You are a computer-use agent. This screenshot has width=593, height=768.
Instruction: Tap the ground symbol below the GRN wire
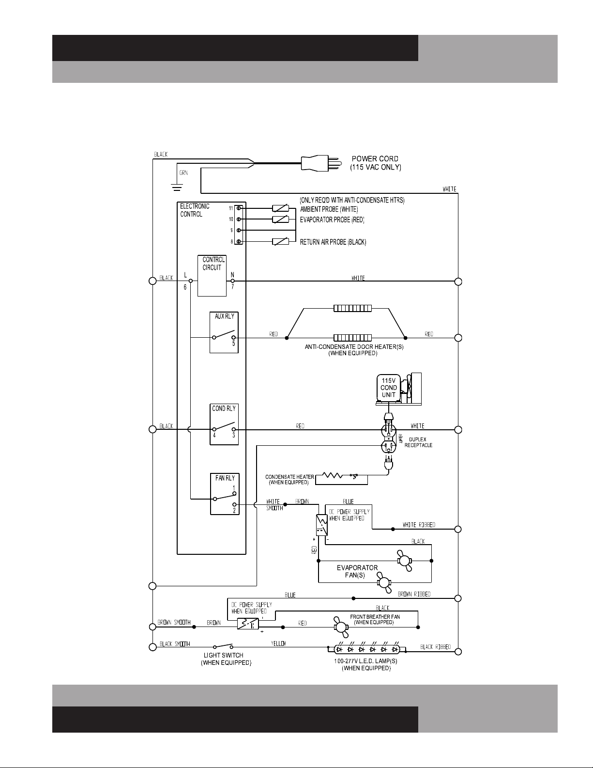177,188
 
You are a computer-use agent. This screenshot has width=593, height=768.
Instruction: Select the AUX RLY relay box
224,332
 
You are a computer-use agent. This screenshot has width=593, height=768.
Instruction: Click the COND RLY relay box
224,424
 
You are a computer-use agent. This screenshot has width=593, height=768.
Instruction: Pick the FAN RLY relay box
225,494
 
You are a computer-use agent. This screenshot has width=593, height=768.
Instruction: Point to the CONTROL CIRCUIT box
212,276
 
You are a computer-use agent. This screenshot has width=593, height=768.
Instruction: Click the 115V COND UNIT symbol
399,389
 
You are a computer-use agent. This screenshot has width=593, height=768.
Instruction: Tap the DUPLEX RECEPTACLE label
418,442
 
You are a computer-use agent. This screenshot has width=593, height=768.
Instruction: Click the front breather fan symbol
341,627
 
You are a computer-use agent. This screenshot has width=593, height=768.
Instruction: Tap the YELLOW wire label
278,643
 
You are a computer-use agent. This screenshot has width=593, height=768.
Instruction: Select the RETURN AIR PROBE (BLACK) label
333,242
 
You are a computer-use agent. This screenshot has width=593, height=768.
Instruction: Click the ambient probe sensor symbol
281,208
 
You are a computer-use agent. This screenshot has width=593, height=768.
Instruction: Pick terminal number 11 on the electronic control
231,208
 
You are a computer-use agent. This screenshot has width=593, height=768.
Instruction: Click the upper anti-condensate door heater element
352,309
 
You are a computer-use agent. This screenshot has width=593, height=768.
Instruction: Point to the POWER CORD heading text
375,159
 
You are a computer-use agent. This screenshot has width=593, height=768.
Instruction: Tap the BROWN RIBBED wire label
414,594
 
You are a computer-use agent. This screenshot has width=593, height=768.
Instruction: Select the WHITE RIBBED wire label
419,525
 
